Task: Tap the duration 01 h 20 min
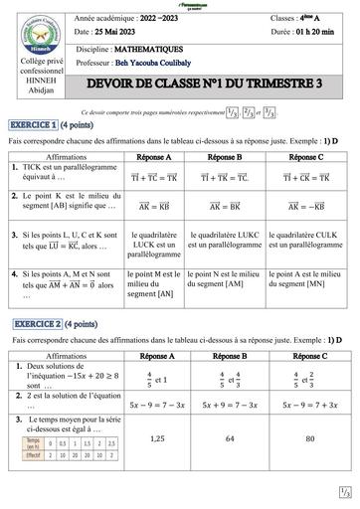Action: click(x=316, y=34)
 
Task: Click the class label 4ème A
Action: click(x=319, y=20)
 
